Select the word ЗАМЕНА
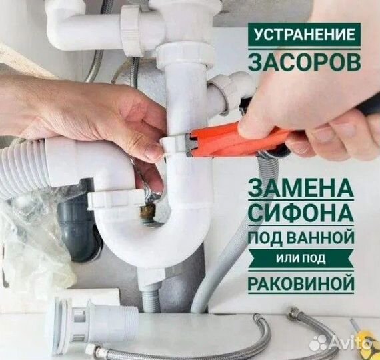click(300, 188)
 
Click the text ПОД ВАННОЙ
click(300, 238)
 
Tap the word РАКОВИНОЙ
click(300, 282)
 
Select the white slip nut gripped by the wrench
click(175, 143)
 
